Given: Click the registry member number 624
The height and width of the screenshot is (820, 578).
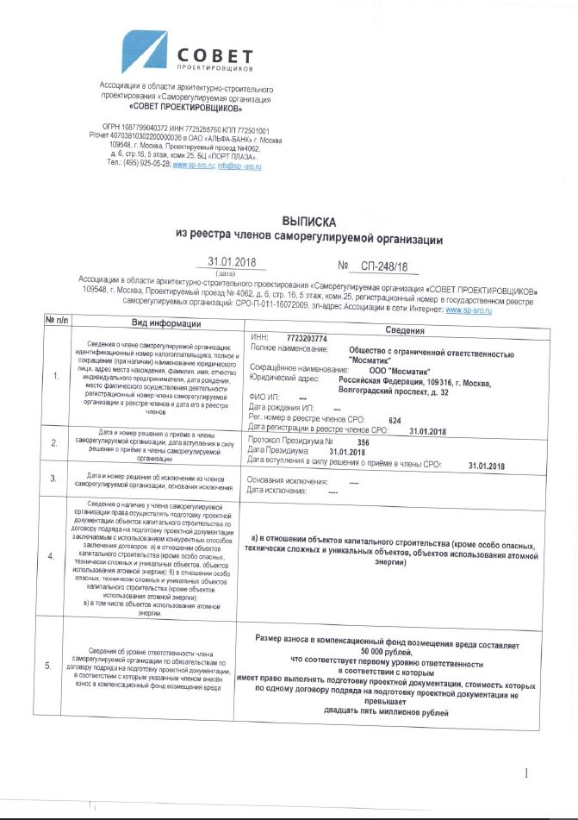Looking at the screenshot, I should [x=395, y=420].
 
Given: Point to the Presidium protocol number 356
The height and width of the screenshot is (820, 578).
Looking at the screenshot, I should [x=363, y=441].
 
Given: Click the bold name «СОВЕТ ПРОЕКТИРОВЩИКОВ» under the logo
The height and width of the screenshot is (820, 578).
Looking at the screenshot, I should [x=185, y=109].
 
